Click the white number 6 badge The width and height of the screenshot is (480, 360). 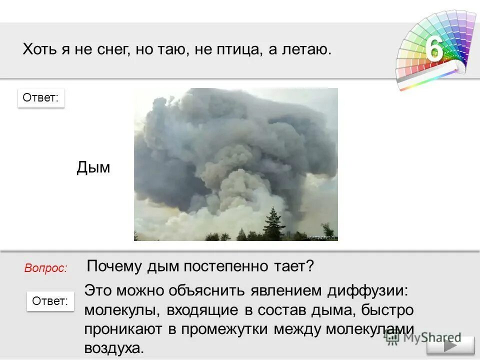[x=434, y=49]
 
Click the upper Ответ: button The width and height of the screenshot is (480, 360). [x=41, y=98]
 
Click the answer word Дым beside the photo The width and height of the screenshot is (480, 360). [x=93, y=168]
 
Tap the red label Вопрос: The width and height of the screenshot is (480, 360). [x=45, y=268]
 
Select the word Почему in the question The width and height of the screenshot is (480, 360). [x=114, y=266]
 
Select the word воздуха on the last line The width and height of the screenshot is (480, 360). [x=114, y=348]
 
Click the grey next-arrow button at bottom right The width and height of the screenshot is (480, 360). [x=450, y=346]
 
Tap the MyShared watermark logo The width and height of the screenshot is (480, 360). [x=422, y=337]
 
